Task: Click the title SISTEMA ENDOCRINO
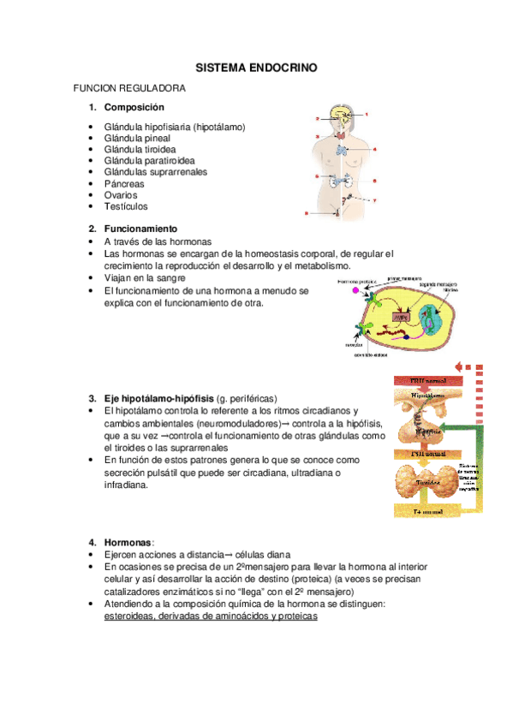[x=255, y=66]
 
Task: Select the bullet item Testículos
[x=125, y=205]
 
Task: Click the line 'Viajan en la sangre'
[x=144, y=278]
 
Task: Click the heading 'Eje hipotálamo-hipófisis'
[x=158, y=398]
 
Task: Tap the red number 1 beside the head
[x=367, y=114]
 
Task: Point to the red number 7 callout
[x=374, y=200]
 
